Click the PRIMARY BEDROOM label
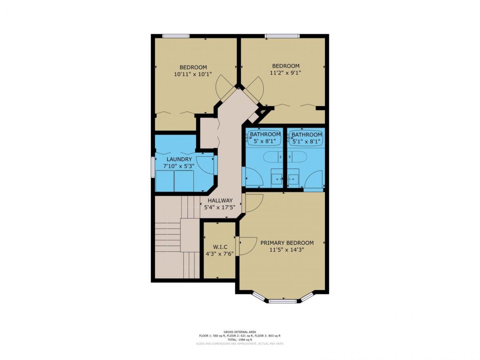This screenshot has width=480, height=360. pyautogui.click(x=287, y=243)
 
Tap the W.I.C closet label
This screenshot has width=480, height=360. pyautogui.click(x=220, y=247)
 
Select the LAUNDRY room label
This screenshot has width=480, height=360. pyautogui.click(x=179, y=159)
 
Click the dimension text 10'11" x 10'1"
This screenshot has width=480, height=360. pyautogui.click(x=193, y=74)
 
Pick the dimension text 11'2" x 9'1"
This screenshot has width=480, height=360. pyautogui.click(x=285, y=73)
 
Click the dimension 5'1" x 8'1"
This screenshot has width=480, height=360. pyautogui.click(x=307, y=141)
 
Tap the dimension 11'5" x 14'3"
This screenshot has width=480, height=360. pyautogui.click(x=287, y=250)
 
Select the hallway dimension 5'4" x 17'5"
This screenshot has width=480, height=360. pyautogui.click(x=219, y=207)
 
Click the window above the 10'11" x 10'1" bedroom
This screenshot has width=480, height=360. pyautogui.click(x=176, y=36)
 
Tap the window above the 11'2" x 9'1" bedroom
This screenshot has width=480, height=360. pyautogui.click(x=282, y=36)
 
